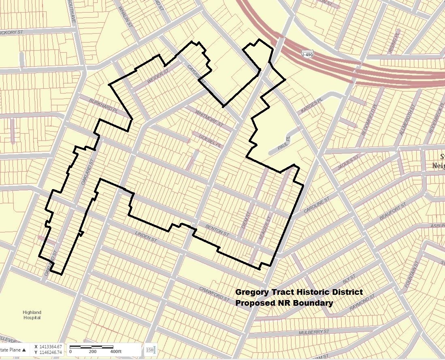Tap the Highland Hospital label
32,315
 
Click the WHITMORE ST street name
209,117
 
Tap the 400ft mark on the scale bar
116,351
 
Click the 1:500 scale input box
150,349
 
